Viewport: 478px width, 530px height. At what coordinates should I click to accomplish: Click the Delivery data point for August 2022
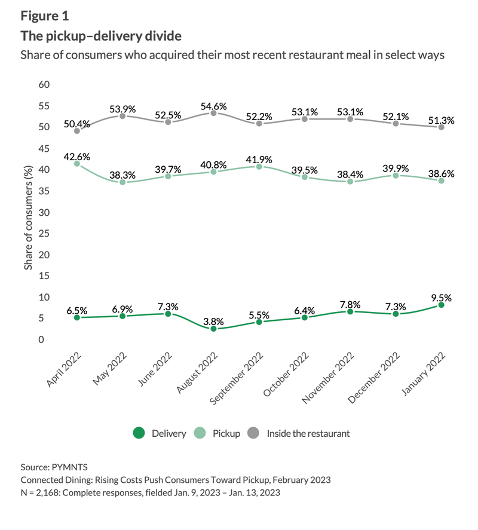[213, 329]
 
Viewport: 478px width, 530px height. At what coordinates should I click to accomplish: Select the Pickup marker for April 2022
[77, 163]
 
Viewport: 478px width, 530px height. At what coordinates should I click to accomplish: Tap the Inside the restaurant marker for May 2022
[122, 116]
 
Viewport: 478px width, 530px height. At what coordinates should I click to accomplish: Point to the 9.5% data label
[441, 297]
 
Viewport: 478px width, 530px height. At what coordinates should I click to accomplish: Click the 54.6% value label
[213, 106]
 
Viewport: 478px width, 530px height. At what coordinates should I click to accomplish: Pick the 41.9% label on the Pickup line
[259, 160]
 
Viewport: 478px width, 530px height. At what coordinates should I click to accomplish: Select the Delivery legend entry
[160, 433]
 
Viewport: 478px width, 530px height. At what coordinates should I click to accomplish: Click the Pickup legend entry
[217, 433]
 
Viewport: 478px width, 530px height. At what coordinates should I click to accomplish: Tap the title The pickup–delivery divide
[101, 36]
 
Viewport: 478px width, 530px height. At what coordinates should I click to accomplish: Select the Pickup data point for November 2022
[350, 182]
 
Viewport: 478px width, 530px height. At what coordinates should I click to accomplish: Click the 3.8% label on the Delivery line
[213, 321]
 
